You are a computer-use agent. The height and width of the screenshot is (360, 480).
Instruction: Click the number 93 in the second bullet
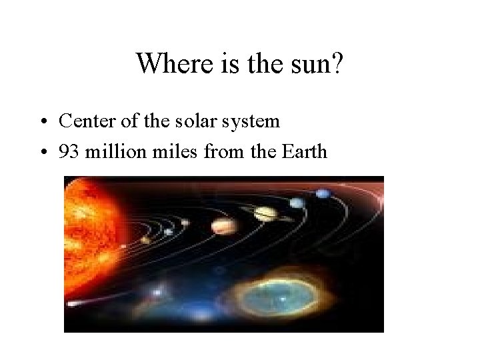pos(68,151)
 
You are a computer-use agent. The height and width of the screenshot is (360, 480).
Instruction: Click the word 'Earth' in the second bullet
pos(304,151)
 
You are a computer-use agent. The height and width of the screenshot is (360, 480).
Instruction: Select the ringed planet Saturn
pos(265,213)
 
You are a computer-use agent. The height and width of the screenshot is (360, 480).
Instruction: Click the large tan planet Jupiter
pos(221,226)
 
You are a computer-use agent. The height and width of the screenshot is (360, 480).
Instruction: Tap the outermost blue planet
pos(323,194)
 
